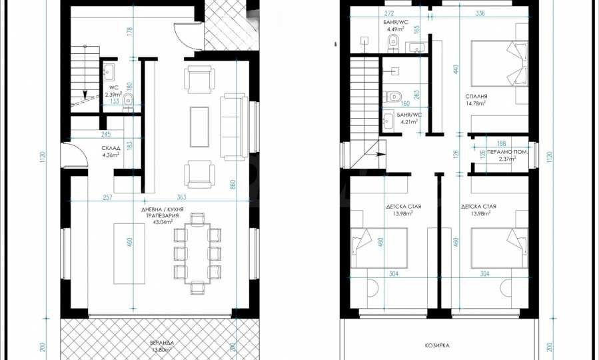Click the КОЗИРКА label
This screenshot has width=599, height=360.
coord(436,345)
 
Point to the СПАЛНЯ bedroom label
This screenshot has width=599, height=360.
coord(476,97)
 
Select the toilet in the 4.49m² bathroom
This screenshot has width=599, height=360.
coord(392,43)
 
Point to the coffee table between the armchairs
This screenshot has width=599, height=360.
coord(200,127)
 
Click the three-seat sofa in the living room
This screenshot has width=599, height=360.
coord(234,127)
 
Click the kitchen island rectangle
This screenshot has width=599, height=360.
coord(129,254)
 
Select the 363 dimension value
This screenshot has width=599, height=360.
coord(181,197)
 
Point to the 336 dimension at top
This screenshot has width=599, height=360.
coord(480,13)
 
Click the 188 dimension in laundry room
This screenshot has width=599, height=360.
coord(501,144)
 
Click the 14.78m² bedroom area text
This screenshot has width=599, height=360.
coord(476,103)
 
